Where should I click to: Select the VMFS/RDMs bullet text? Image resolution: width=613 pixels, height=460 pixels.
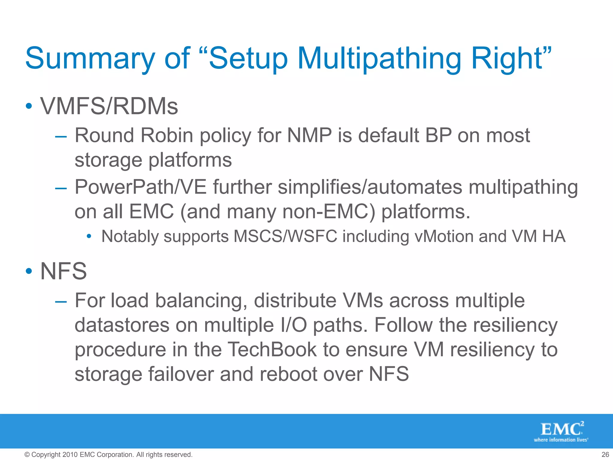click(109, 106)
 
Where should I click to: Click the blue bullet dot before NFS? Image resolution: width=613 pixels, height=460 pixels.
click(29, 271)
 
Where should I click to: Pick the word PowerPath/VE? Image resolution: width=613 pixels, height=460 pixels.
click(141, 187)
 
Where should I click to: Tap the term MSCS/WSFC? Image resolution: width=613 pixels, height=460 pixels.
click(285, 236)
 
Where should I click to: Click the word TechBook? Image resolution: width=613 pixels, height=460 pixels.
click(272, 349)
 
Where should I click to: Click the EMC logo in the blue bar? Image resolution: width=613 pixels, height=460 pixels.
click(562, 429)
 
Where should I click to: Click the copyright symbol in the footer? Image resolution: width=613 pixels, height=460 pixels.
click(27, 455)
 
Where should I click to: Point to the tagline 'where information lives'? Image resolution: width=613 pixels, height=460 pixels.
click(561, 440)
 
